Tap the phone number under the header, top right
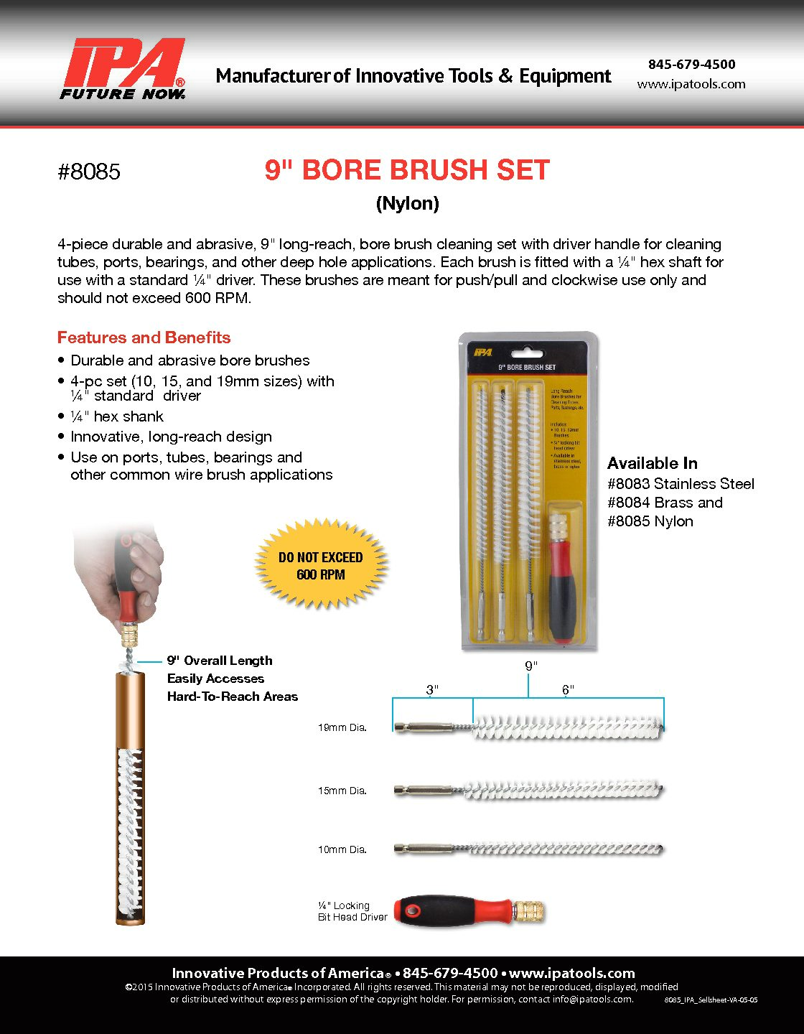(x=691, y=64)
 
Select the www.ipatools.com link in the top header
(x=691, y=84)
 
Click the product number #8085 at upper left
(x=89, y=172)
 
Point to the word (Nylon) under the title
(x=407, y=203)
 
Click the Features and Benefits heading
(x=144, y=337)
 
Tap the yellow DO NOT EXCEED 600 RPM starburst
(x=321, y=565)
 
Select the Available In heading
(x=652, y=463)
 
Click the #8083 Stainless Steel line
(x=681, y=484)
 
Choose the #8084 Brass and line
(x=665, y=503)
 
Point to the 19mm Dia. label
(x=342, y=727)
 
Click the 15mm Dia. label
(x=342, y=791)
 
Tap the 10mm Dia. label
(x=342, y=849)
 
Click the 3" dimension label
(x=432, y=690)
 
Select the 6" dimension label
(x=568, y=690)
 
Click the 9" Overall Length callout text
(x=220, y=661)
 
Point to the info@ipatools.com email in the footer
(x=592, y=999)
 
